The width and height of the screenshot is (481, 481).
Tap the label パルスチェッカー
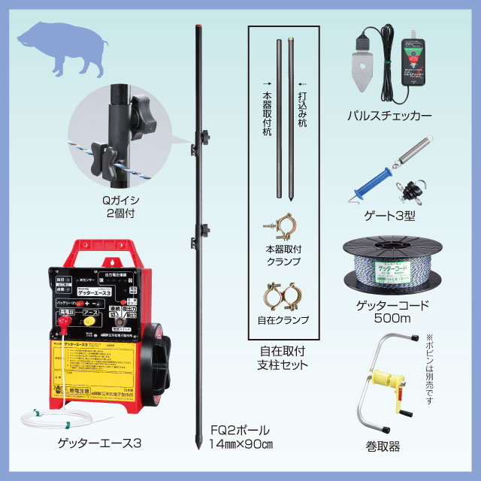pos(389,117)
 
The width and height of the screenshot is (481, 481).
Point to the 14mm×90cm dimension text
pos(241,445)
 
